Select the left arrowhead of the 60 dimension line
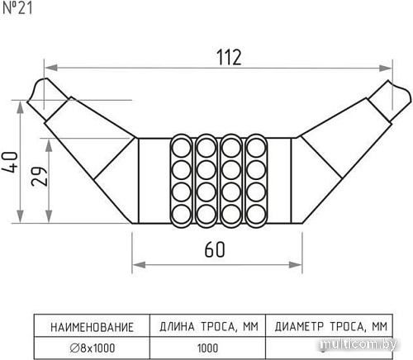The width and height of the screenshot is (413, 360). pos(136,264)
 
